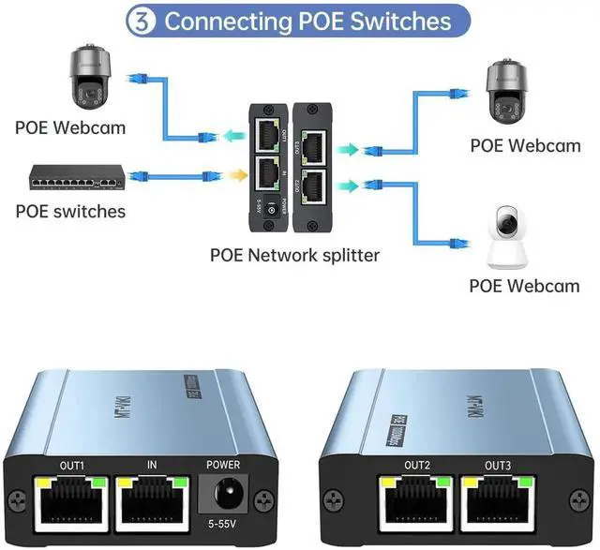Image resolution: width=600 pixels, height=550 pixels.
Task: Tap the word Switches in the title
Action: (395, 21)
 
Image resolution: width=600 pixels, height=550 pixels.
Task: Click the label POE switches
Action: (70, 211)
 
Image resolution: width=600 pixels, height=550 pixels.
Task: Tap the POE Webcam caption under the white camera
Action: (524, 286)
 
